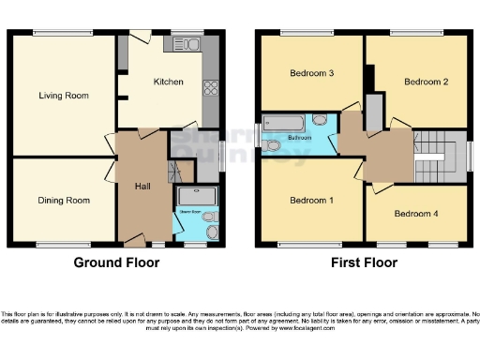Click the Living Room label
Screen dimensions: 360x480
tap(63, 96)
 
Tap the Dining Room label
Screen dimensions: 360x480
tap(64, 200)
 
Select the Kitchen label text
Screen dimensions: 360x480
tap(169, 82)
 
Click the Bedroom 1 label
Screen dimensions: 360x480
tap(309, 200)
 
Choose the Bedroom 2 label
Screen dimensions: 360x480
tap(426, 82)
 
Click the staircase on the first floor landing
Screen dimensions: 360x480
tap(435, 157)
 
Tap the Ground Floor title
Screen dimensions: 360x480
tap(114, 263)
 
